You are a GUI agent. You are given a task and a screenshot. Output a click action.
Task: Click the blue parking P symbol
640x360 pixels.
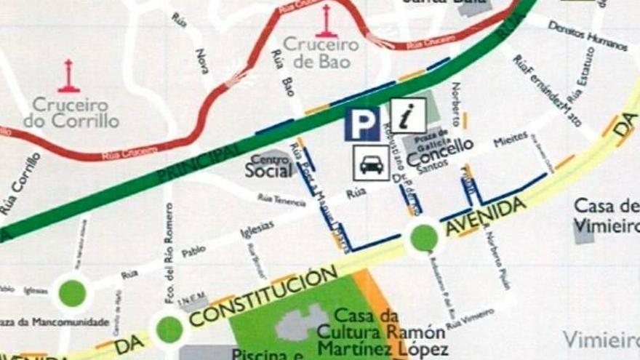point(362,124)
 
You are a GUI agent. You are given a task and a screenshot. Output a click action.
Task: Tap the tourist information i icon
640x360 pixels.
point(408,116)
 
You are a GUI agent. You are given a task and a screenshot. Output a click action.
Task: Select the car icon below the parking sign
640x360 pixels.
point(372,163)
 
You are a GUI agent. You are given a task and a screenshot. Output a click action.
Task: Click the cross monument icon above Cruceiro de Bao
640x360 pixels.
point(326,22)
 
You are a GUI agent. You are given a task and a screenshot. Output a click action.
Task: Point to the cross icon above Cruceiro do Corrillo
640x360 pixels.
point(69,76)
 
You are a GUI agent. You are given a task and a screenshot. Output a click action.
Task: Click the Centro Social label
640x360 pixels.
point(268,166)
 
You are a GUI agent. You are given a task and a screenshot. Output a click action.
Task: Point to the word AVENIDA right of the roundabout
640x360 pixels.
point(485,216)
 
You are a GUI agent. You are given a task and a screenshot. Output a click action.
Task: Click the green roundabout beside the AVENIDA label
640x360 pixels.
point(424,236)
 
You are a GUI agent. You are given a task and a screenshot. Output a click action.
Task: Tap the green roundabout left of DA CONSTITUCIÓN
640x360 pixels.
point(169,329)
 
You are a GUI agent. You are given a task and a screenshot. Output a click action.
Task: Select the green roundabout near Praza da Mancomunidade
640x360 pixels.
point(72,292)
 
